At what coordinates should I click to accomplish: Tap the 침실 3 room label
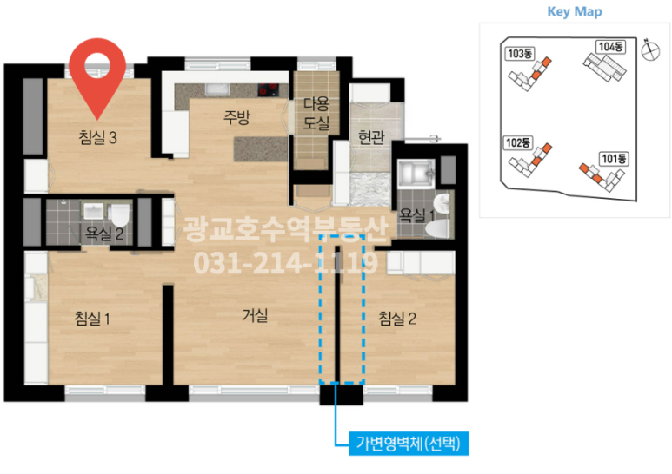coord(97,138)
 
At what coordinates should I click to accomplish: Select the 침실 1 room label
coord(92,319)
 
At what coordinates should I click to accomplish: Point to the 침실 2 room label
coord(397,319)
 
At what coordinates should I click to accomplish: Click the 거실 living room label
coord(255,315)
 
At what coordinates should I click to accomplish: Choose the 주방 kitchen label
coord(236,117)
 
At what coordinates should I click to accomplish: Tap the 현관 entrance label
coord(371,137)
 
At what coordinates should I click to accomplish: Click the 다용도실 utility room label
coord(316,114)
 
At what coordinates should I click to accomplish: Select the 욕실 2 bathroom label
coord(104,234)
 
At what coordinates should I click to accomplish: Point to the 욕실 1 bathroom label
coord(416,214)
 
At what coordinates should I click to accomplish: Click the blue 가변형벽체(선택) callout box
coord(409,444)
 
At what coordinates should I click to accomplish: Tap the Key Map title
coord(575,11)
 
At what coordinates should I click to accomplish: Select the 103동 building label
coord(520,54)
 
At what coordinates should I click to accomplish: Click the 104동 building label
coord(611,47)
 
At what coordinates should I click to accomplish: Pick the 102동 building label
coord(518,142)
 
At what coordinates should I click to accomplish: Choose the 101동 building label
coord(614,159)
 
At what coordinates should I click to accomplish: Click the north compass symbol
coord(650,49)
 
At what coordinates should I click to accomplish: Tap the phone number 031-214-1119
coord(286,263)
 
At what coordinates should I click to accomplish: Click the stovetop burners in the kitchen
coord(268,89)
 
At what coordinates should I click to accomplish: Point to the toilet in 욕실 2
coord(120,215)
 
